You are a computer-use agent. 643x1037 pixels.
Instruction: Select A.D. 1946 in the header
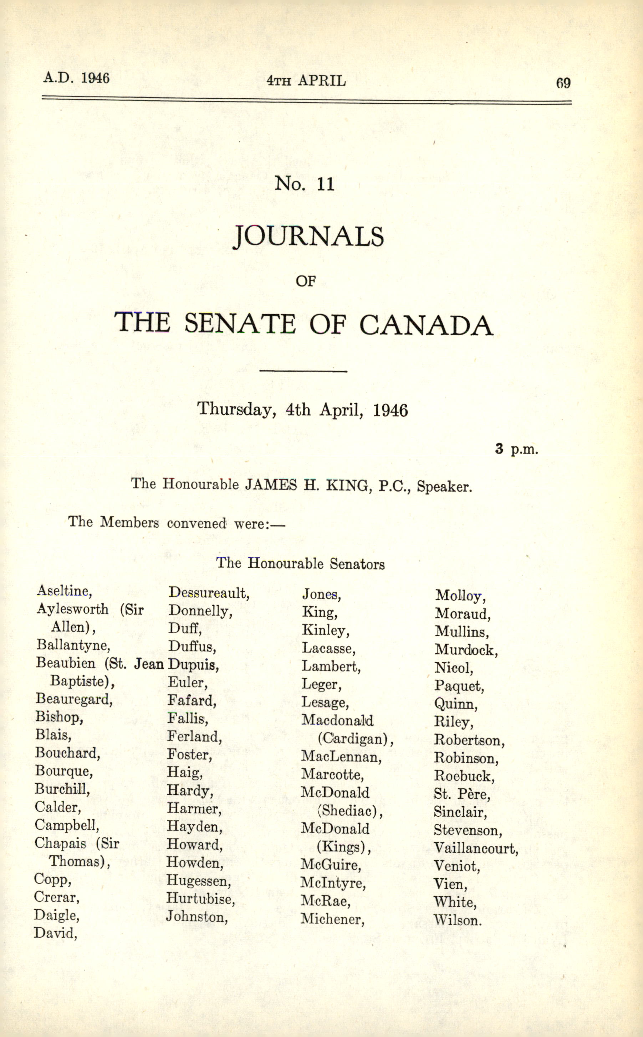pyautogui.click(x=77, y=78)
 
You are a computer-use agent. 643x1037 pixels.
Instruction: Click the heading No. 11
pyautogui.click(x=305, y=184)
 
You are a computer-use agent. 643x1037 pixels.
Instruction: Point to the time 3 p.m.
pyautogui.click(x=516, y=449)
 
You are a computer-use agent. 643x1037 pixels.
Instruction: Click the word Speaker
pyautogui.click(x=444, y=486)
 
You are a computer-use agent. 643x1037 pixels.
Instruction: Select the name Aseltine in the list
pyautogui.click(x=64, y=591)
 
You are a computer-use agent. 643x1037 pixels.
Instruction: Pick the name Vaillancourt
pyautogui.click(x=475, y=849)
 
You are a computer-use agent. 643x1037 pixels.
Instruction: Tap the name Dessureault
pyautogui.click(x=208, y=593)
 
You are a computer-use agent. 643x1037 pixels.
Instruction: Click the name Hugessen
pyautogui.click(x=199, y=880)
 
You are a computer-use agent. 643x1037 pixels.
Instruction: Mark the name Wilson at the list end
pyautogui.click(x=457, y=920)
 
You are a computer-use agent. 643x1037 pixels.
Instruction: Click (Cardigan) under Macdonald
pyautogui.click(x=355, y=739)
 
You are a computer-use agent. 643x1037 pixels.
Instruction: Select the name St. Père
pyautogui.click(x=461, y=794)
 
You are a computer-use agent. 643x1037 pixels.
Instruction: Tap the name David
pyautogui.click(x=55, y=933)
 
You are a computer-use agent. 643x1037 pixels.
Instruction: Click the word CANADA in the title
pyautogui.click(x=426, y=325)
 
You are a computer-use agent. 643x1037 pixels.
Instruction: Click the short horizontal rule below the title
pyautogui.click(x=303, y=371)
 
